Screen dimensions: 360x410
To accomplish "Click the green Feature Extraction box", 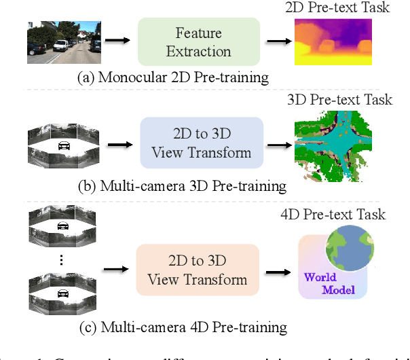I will coord(198,42).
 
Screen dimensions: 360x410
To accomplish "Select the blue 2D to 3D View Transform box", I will coord(201,143).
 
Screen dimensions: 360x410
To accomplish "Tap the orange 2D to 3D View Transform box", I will coord(197,270).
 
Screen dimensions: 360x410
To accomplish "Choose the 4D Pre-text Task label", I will coord(333,215).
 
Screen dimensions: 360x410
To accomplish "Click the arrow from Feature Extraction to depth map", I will coord(276,41).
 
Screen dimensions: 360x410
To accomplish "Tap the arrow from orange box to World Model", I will coord(276,271).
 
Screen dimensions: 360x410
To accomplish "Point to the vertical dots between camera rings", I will coord(61,259).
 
